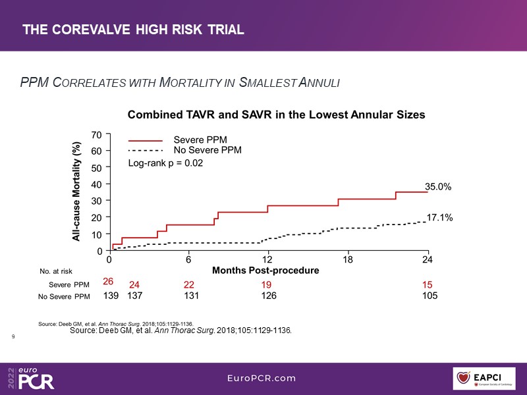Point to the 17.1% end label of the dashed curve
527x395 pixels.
point(439,217)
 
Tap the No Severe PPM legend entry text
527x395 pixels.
point(207,150)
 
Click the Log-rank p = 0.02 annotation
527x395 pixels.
point(165,163)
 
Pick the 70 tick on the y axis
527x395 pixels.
point(96,134)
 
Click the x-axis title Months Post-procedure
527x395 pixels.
point(265,271)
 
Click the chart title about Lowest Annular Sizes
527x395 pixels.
point(276,115)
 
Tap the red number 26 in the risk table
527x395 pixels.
point(109,282)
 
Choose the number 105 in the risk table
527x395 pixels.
point(429,296)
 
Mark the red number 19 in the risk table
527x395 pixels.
point(268,284)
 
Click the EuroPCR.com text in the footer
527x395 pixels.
point(262,378)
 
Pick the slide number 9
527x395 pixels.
point(14,336)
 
